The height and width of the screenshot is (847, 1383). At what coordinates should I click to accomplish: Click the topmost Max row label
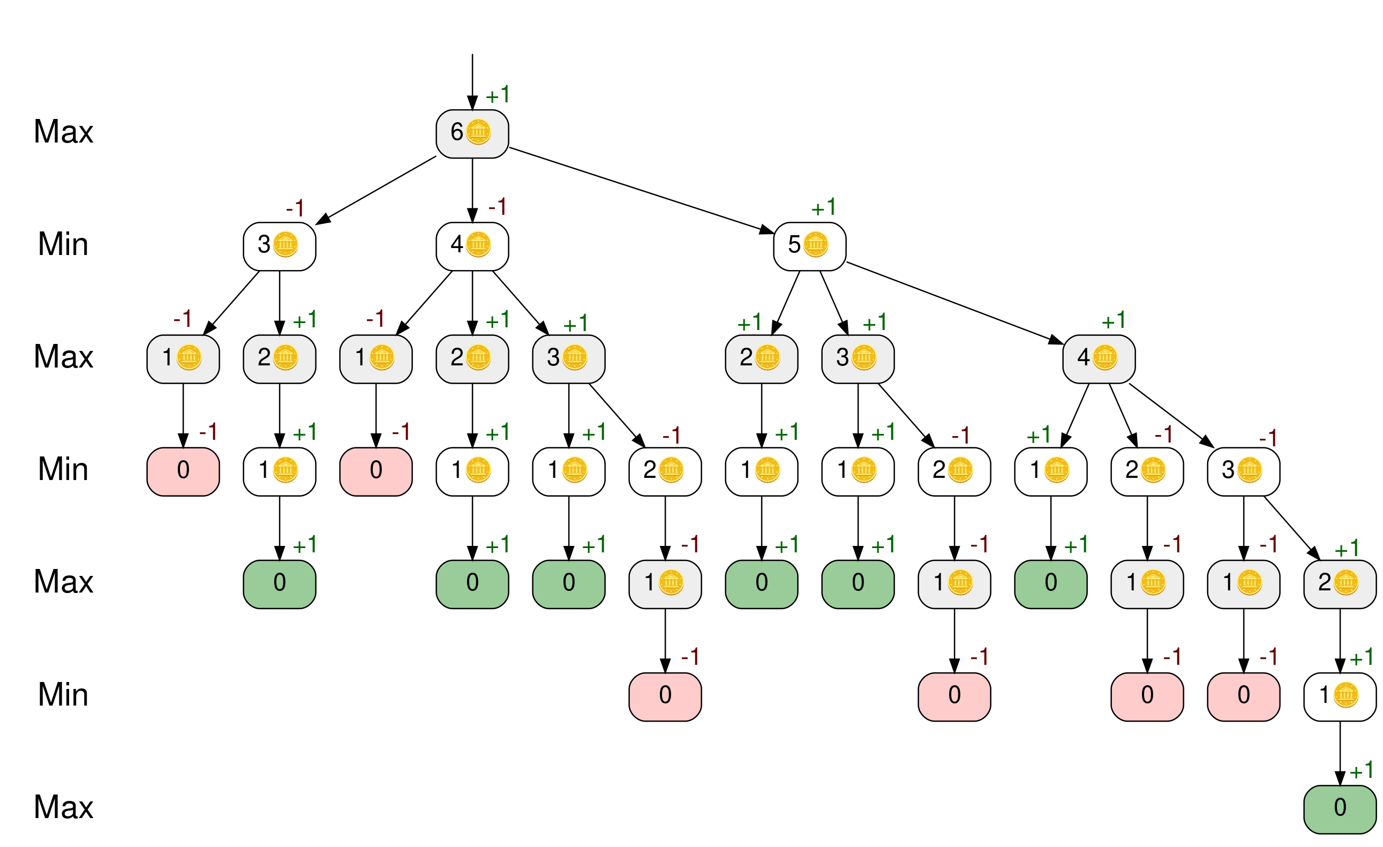click(63, 132)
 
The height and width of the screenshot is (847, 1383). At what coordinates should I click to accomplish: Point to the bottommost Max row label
click(63, 807)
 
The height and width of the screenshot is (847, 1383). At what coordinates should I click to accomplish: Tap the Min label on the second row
click(63, 244)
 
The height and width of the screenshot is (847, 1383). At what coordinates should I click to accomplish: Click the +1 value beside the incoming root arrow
click(498, 95)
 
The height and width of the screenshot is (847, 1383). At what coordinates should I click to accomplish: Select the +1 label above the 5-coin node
click(823, 208)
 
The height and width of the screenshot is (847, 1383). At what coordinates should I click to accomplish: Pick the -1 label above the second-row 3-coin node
click(295, 208)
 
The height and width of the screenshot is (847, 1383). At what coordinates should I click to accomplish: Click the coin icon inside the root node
click(478, 132)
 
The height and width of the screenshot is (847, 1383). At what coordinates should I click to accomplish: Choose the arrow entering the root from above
click(472, 79)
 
